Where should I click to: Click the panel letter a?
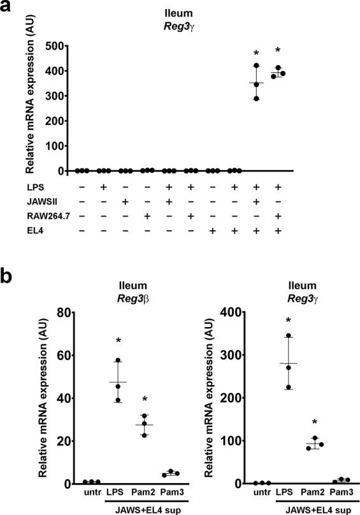[x=8, y=8]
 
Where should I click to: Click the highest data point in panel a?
[x=256, y=66]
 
